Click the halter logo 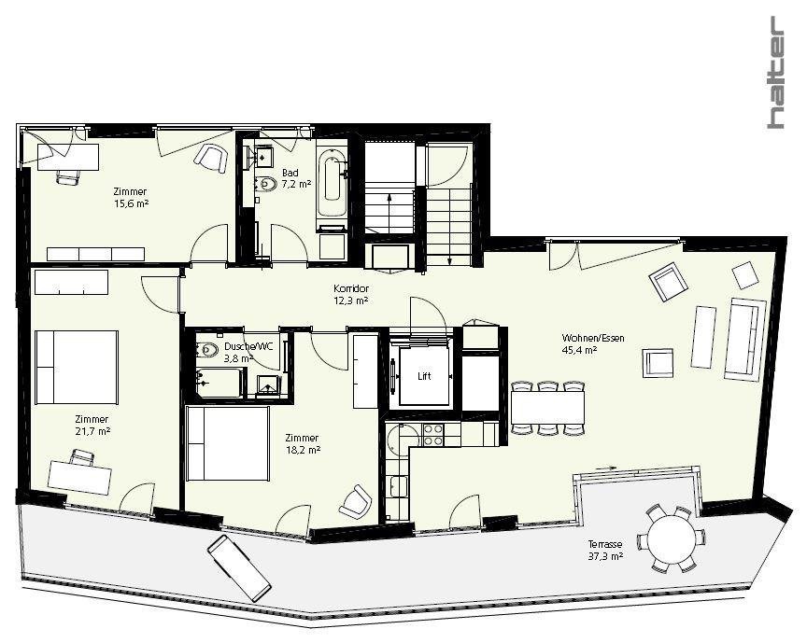tap(776, 72)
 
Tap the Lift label tap(424, 376)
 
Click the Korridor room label tap(350, 288)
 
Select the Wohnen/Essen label tap(593, 338)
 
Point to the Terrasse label tap(605, 544)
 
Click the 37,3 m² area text tap(605, 556)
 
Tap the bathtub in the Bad tap(332, 182)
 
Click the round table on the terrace tap(672, 539)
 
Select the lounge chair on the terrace tap(239, 568)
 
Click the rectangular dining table tap(547, 408)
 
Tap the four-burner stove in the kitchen tap(432, 435)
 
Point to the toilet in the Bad tap(264, 184)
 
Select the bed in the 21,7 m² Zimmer tap(77, 367)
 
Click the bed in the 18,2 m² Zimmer tap(228, 443)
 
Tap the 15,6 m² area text tap(131, 203)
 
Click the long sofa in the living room tap(744, 340)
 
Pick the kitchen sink tap(399, 486)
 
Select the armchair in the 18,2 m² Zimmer tap(355, 501)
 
